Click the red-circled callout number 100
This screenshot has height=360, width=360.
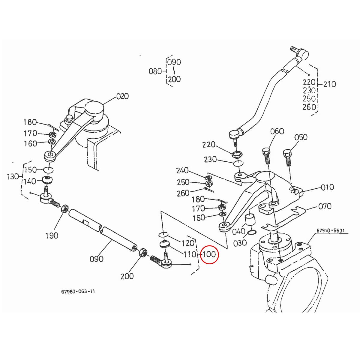click(x=209, y=255)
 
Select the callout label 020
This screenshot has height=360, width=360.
click(x=122, y=96)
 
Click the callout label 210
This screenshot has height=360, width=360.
click(x=330, y=84)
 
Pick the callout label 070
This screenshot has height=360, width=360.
click(x=325, y=206)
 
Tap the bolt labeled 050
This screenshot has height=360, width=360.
click(x=287, y=157)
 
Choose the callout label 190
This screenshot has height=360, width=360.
click(x=52, y=236)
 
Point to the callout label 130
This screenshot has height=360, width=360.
click(x=13, y=177)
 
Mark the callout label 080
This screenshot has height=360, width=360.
click(x=155, y=71)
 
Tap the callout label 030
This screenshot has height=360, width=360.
click(x=240, y=242)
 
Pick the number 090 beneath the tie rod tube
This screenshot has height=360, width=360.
click(x=97, y=259)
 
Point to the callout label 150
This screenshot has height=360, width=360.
click(x=30, y=170)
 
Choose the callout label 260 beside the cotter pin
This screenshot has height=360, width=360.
click(x=183, y=193)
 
